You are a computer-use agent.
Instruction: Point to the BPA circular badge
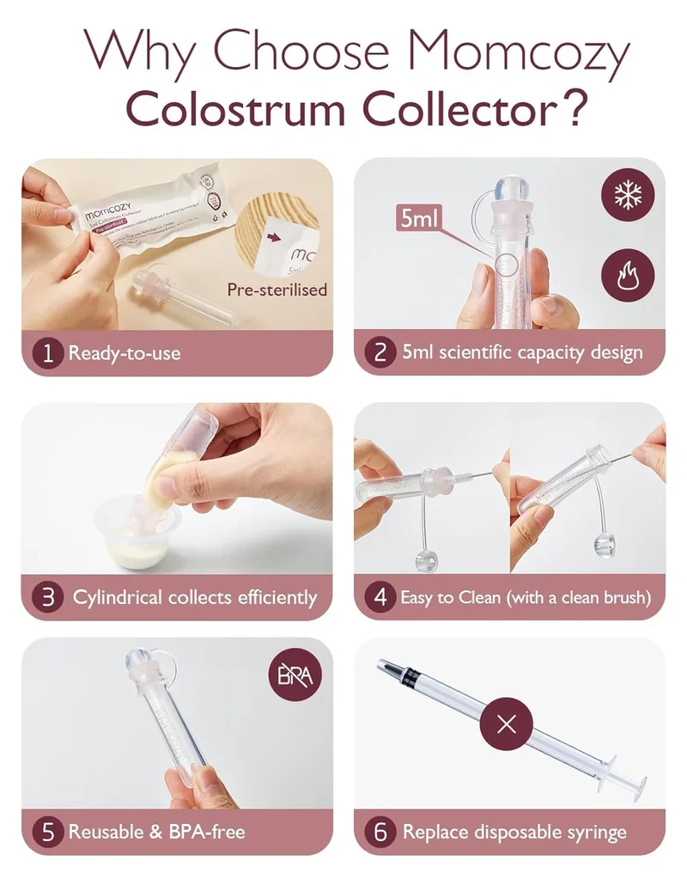(295, 674)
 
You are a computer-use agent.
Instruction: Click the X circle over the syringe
(507, 723)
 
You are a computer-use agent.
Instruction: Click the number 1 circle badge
(48, 353)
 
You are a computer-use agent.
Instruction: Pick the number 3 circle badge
(48, 597)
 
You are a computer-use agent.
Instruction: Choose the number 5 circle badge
(48, 832)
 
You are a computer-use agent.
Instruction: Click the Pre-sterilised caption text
(277, 290)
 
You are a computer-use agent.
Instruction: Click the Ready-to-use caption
(125, 353)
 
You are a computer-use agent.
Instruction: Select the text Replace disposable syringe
(514, 832)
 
